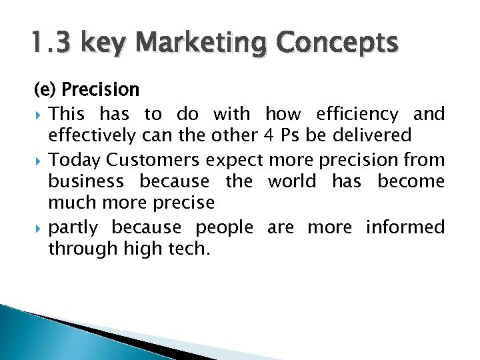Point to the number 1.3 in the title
53,44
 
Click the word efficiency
356,114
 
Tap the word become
411,181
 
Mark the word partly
73,227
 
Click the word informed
405,227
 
